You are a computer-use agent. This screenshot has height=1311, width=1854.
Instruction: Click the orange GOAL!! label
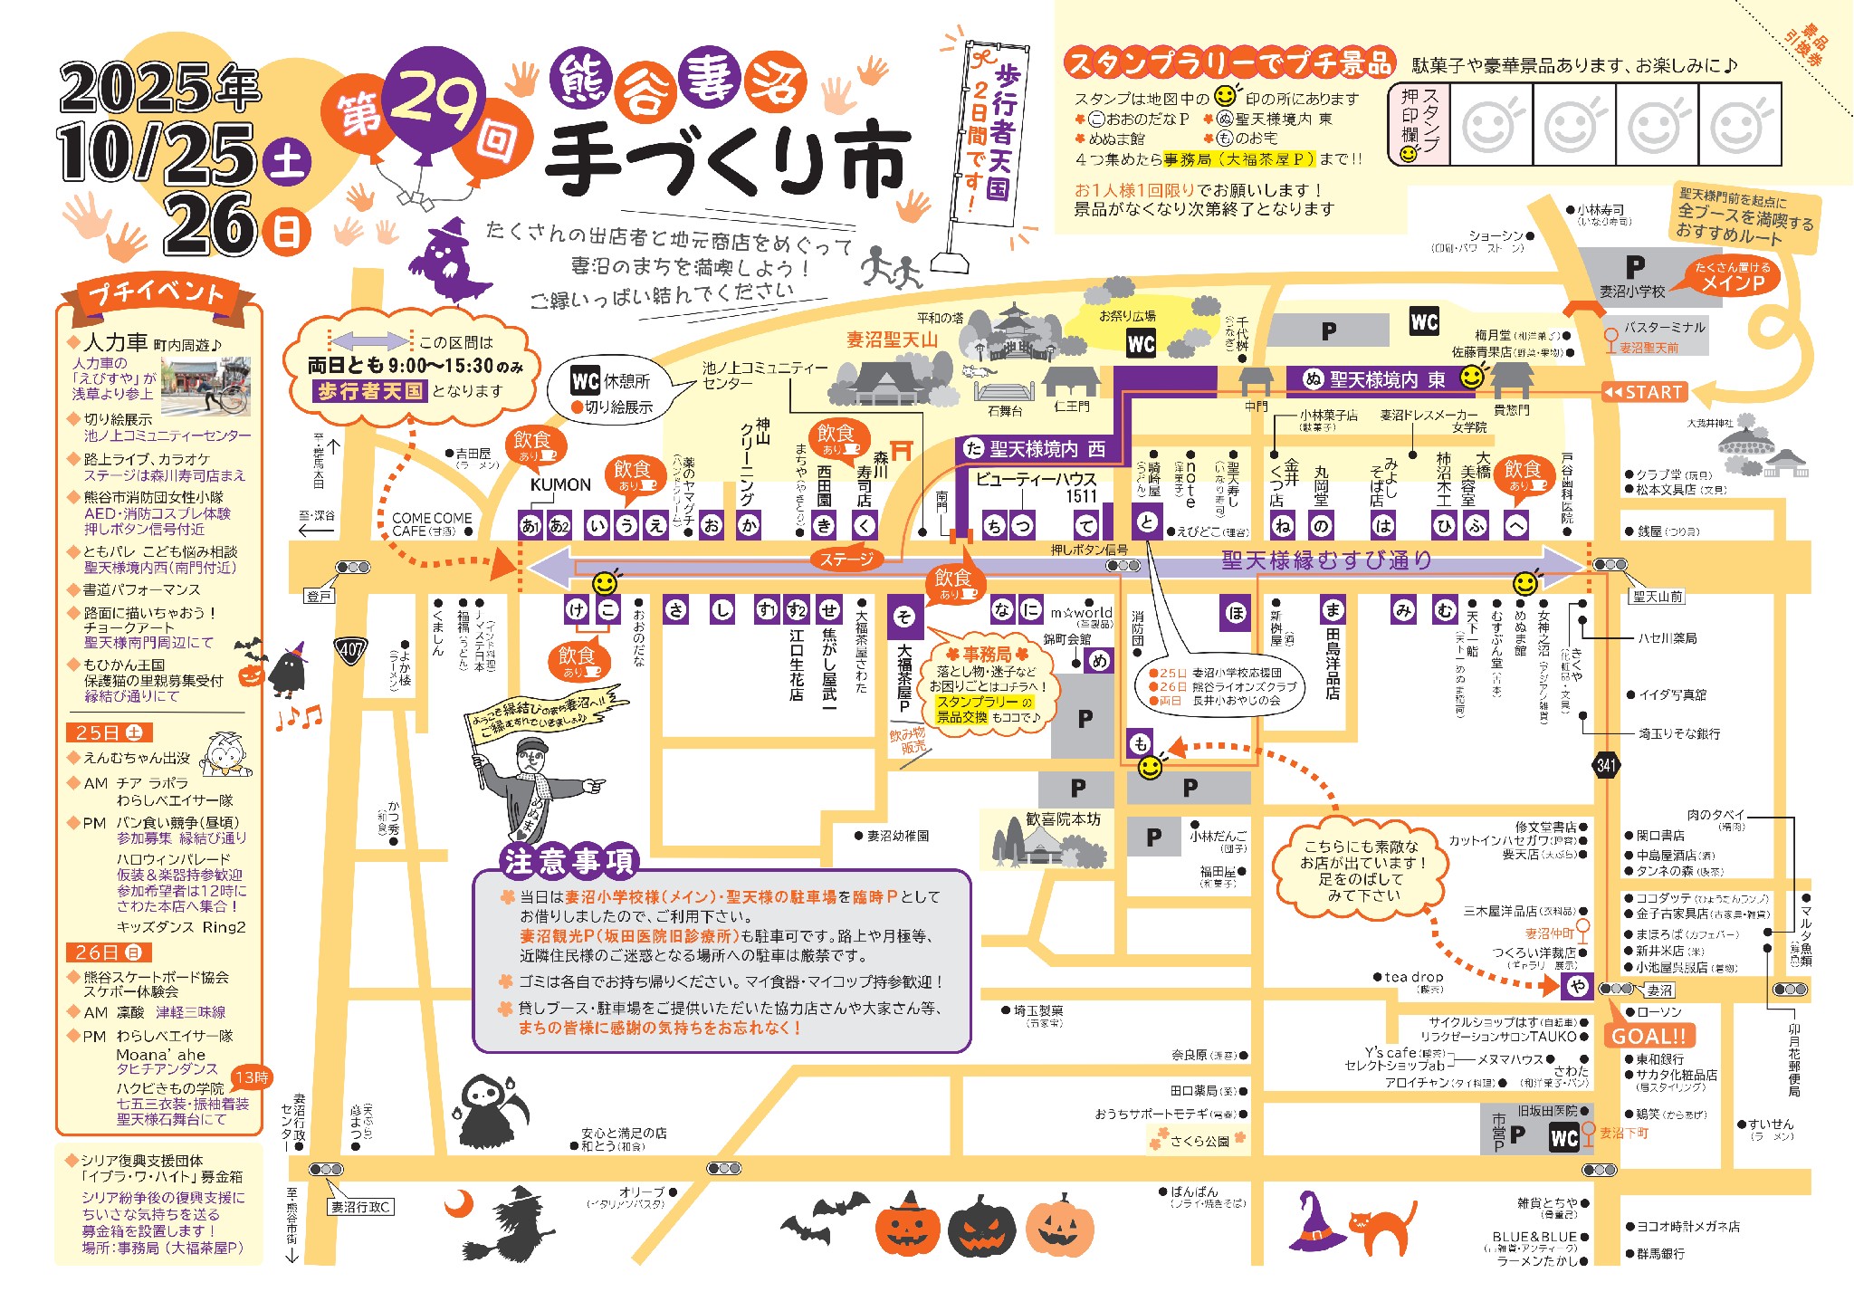(1649, 1036)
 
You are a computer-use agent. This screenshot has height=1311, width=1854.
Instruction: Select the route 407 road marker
(351, 649)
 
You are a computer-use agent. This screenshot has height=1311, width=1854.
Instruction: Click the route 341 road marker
(1606, 765)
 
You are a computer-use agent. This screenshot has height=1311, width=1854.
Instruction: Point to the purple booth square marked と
(1147, 522)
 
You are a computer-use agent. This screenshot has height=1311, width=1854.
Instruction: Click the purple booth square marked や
(1578, 987)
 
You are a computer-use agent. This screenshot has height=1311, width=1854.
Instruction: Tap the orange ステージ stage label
(846, 560)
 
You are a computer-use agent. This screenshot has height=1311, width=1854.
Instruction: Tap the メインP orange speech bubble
(1733, 277)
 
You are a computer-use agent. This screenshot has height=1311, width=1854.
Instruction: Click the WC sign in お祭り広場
(1141, 343)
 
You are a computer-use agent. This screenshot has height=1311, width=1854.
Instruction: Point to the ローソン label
(1658, 1011)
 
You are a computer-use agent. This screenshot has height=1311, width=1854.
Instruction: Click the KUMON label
(560, 485)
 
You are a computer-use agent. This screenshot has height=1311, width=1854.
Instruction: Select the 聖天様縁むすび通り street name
(1326, 561)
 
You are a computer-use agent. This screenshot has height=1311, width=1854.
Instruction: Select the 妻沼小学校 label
(1631, 292)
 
